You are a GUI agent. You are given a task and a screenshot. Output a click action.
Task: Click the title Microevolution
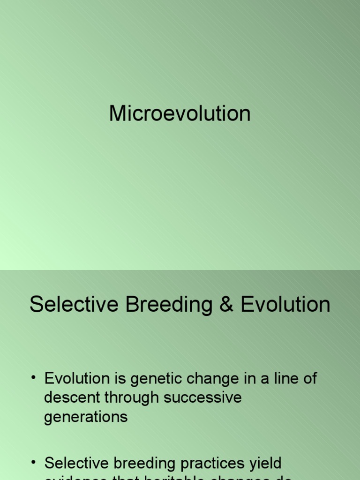pos(180,113)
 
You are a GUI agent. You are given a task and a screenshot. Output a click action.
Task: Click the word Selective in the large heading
pos(74,305)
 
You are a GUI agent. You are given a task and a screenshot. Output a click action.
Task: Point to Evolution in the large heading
pos(285,305)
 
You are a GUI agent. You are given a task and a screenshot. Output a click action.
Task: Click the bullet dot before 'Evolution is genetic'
pos(34,379)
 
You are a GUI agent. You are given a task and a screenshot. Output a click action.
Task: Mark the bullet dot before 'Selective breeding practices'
pos(34,464)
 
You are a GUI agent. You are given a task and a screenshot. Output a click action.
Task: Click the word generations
pos(85,417)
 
